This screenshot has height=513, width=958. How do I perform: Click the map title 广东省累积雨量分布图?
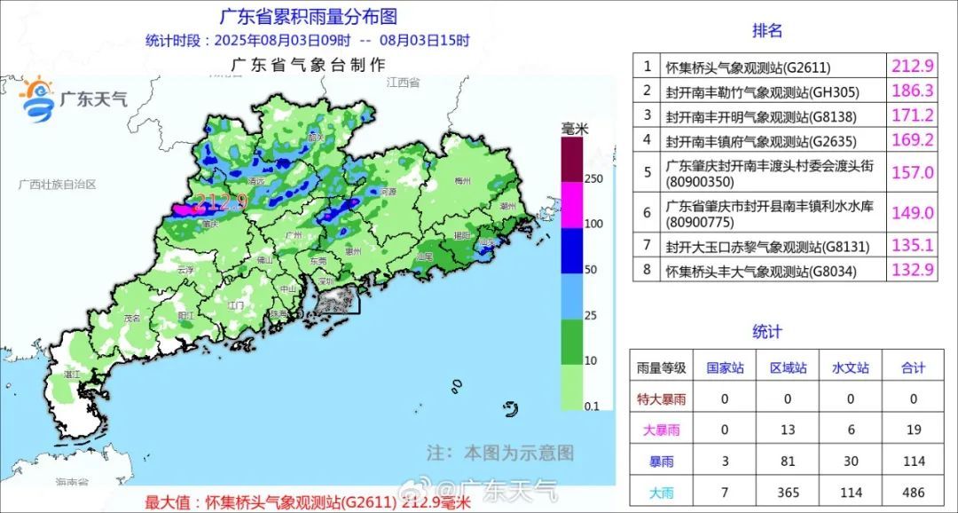click(308, 16)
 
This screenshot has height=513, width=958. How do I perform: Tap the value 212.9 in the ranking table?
click(912, 66)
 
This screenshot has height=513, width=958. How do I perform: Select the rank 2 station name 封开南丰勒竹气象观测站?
click(763, 91)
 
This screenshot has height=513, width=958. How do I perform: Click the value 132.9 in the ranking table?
click(912, 271)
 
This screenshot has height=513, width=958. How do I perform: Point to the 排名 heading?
click(767, 31)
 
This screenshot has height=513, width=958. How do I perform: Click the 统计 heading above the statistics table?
click(767, 332)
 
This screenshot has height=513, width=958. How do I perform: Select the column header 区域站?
click(788, 367)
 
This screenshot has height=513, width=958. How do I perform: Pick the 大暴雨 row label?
click(661, 430)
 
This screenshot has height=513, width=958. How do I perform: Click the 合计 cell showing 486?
click(913, 492)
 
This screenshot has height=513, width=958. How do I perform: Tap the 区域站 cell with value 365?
click(788, 492)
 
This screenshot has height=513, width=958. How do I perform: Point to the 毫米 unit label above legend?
click(575, 130)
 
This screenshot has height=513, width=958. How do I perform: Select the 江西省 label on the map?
click(403, 83)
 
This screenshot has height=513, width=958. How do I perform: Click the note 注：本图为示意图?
click(499, 453)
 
